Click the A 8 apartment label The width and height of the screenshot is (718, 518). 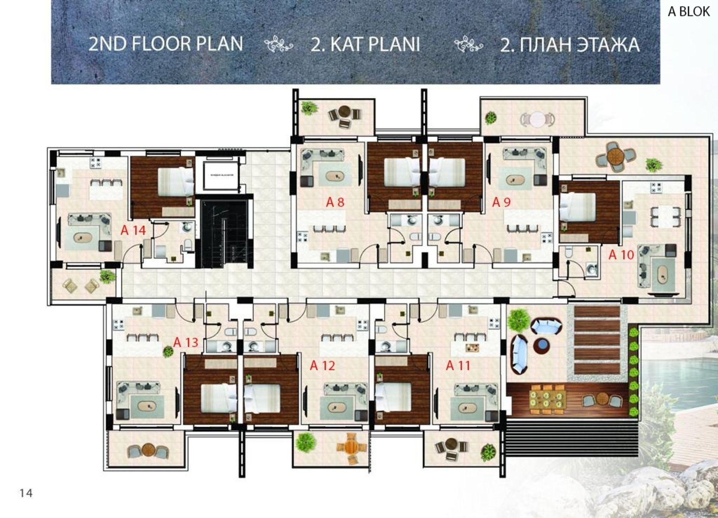[335, 202]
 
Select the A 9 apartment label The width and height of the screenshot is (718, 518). [501, 202]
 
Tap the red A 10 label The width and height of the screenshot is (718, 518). [621, 255]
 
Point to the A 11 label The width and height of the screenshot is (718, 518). [458, 365]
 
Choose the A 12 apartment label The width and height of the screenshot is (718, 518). [322, 365]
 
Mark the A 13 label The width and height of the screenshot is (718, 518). [185, 342]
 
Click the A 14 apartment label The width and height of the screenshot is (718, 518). [133, 230]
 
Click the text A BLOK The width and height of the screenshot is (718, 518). [688, 12]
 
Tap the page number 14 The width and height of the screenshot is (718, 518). [26, 493]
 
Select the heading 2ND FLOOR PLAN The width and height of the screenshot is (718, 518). [166, 44]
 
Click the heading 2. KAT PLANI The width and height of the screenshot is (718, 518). [365, 44]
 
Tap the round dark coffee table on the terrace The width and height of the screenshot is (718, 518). [541, 346]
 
